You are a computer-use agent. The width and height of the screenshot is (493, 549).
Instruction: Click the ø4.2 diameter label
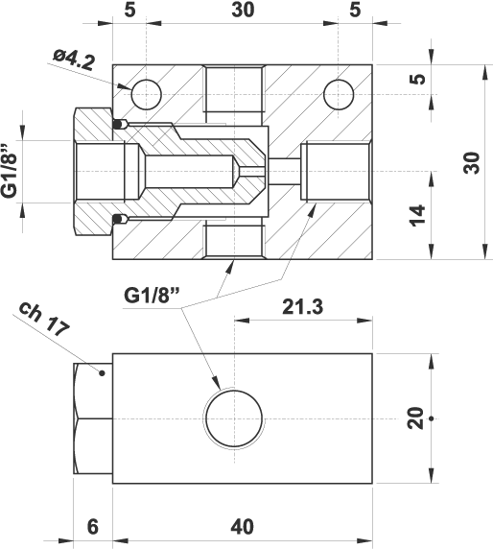(74, 60)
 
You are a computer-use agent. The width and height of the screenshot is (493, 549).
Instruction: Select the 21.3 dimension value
(303, 307)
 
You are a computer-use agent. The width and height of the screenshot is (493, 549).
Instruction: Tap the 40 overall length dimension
(242, 527)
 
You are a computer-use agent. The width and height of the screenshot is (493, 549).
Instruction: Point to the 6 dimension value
(93, 527)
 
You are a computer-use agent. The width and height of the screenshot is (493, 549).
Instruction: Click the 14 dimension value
(418, 216)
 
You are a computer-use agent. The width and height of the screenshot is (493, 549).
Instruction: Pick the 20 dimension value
(416, 418)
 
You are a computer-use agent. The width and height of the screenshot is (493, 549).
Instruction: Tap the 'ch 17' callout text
(44, 319)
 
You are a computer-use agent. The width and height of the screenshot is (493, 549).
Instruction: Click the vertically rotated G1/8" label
(10, 171)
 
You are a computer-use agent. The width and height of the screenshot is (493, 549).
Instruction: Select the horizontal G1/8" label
(152, 296)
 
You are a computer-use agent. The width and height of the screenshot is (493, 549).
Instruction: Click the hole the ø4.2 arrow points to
(146, 94)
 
